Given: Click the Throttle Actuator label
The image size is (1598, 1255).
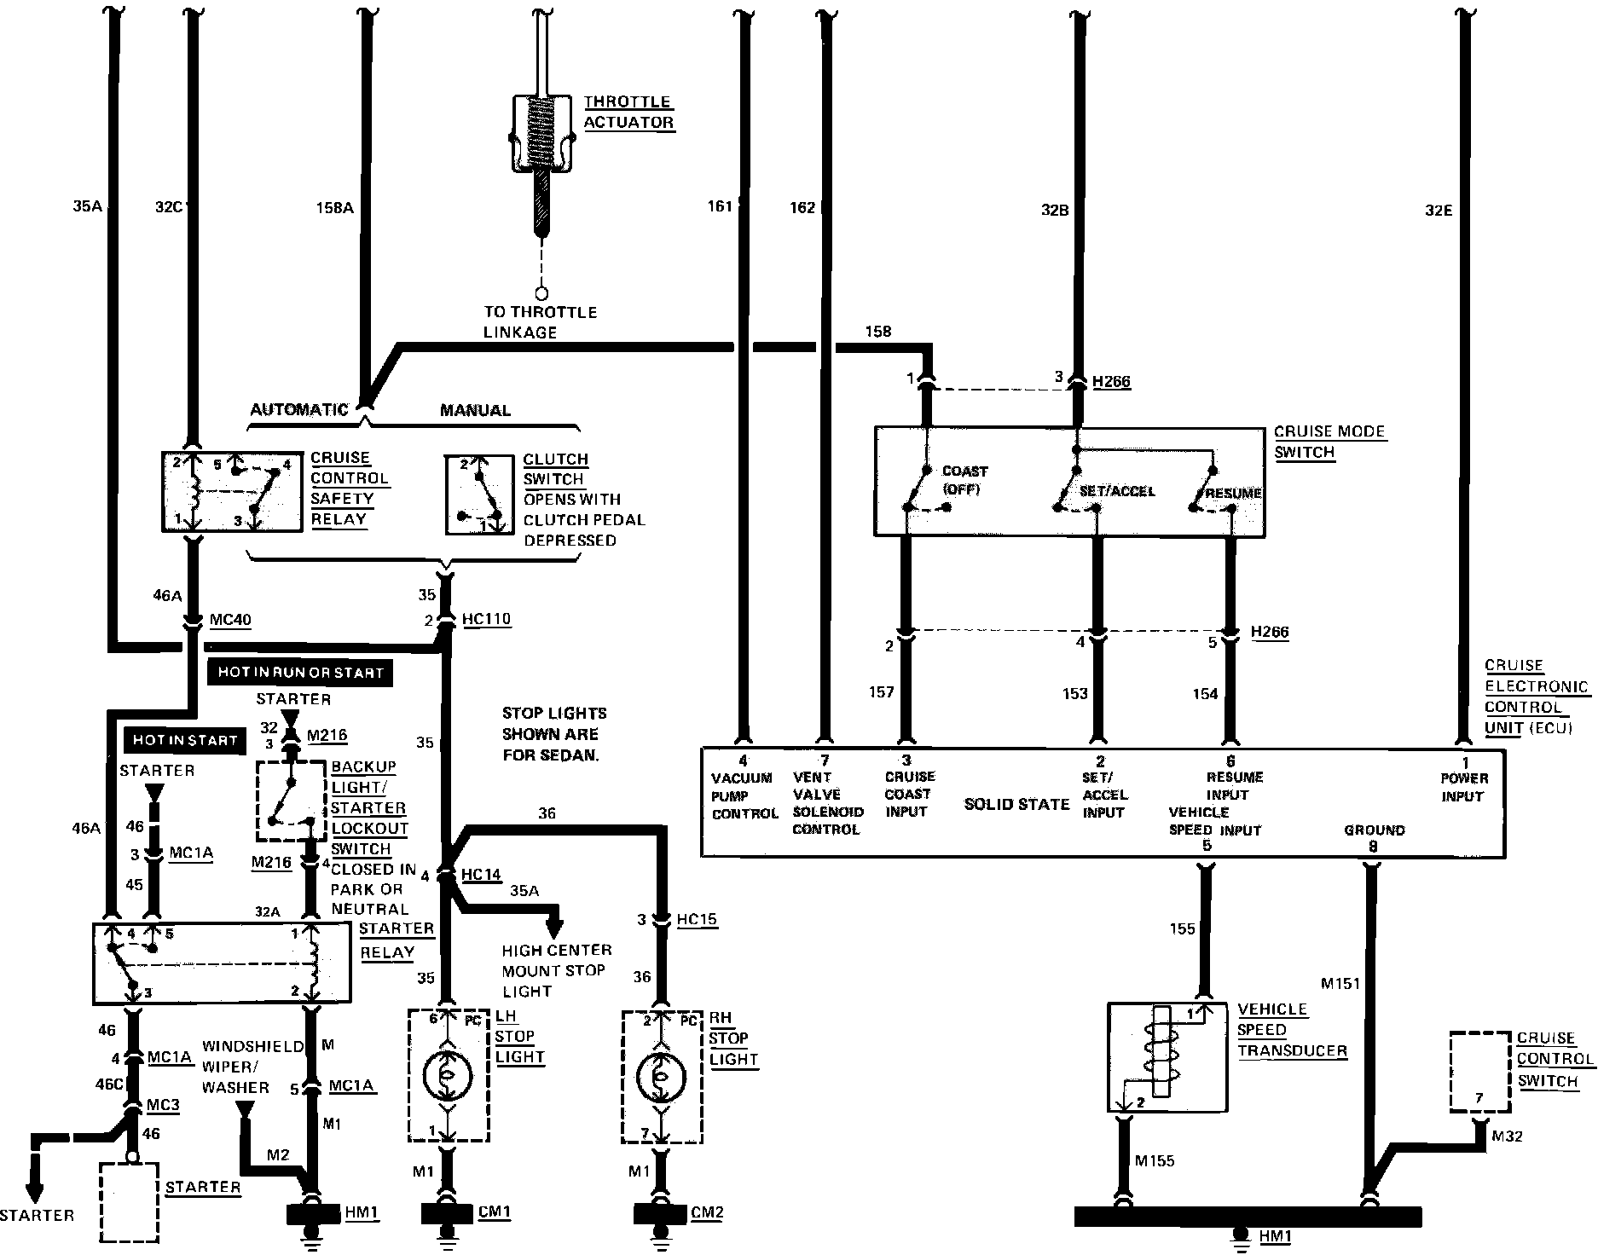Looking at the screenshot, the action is click(x=628, y=112).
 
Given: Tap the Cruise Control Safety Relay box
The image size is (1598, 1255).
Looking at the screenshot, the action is click(x=232, y=493).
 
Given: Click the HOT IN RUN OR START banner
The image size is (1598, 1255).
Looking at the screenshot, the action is click(x=300, y=672).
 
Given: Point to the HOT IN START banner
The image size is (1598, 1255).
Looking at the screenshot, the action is click(x=185, y=740).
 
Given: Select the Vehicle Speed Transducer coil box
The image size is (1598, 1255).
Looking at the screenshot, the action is click(x=1167, y=1057).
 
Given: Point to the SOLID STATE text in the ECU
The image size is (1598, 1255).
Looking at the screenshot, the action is click(x=1016, y=804).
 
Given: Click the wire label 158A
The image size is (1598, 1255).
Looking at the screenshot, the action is click(x=334, y=207).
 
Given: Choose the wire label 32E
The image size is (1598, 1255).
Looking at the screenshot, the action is click(x=1439, y=210).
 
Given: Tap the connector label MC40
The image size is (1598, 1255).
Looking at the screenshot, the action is click(x=230, y=619).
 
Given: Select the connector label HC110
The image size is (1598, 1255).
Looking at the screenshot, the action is click(x=486, y=618).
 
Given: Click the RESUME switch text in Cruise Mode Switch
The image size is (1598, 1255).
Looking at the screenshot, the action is click(x=1233, y=493).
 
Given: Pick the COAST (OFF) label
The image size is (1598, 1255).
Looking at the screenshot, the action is click(x=964, y=480).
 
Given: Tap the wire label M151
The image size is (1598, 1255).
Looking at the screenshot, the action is click(x=1340, y=984).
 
